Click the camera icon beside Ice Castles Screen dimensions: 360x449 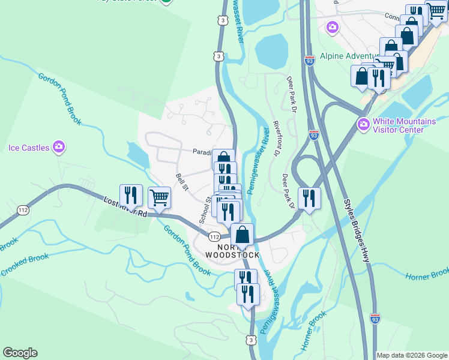coord(58,146)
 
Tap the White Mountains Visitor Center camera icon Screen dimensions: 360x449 coord(363,125)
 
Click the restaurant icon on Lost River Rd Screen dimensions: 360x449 coord(131,196)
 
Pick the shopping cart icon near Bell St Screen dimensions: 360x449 coord(159,197)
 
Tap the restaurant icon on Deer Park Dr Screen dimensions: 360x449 coord(309,199)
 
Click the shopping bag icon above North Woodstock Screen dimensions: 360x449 coord(242,235)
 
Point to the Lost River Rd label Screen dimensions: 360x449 coord(125,206)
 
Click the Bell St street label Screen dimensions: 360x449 coord(182,182)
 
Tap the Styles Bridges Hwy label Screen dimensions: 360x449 coord(357,231)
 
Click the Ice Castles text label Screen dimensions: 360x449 coord(28,147)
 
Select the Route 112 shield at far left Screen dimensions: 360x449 coord(23,210)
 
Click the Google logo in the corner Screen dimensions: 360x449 coord(20,353)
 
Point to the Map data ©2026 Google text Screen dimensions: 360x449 coord(412,355)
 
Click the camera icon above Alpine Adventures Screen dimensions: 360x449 coord(332,27)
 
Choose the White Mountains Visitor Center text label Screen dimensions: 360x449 coord(404,125)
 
